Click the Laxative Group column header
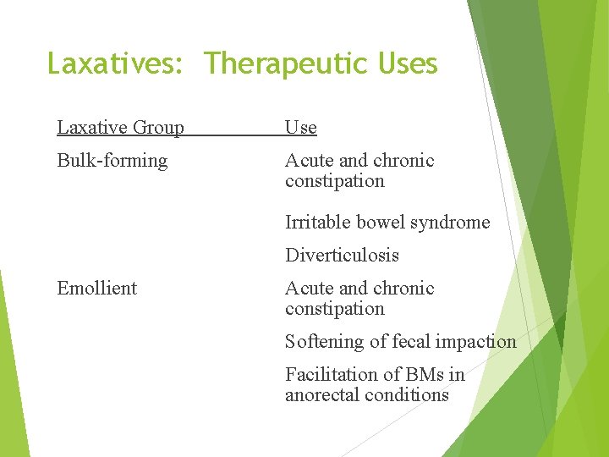click(x=120, y=128)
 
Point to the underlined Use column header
click(x=300, y=128)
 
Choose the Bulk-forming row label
click(x=112, y=161)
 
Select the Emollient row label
click(x=96, y=289)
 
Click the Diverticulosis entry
click(x=342, y=256)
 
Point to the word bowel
click(x=377, y=223)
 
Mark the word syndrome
click(x=448, y=223)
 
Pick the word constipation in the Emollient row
click(x=334, y=309)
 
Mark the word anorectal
click(x=323, y=395)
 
